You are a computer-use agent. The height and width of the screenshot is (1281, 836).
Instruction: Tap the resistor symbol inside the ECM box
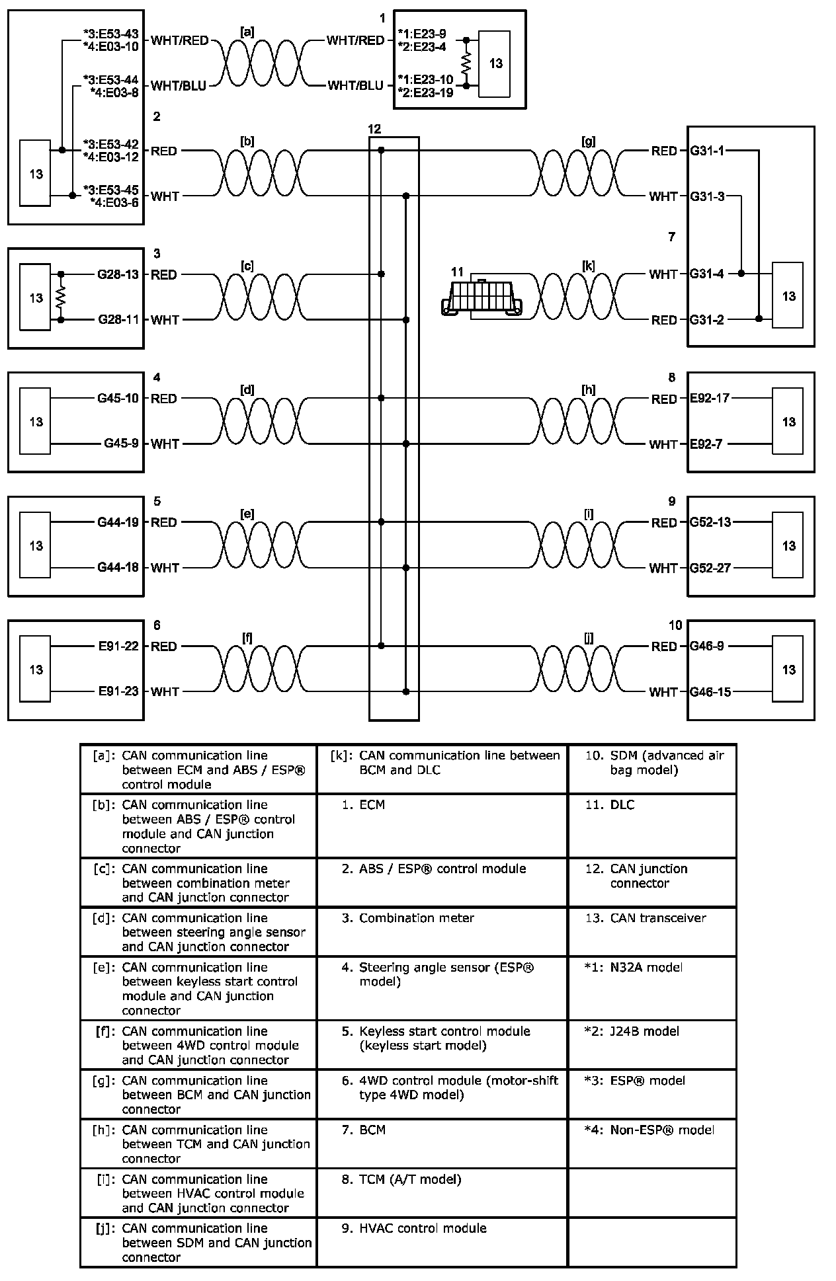pos(466,63)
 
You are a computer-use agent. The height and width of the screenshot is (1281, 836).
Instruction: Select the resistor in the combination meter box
pos(61,297)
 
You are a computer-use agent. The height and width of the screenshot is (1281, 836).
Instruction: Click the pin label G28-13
pos(118,274)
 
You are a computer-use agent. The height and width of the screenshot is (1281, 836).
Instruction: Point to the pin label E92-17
pos(710,399)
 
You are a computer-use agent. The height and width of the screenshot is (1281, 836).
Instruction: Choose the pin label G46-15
pos(710,692)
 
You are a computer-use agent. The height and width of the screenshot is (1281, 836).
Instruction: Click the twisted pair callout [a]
pos(247,30)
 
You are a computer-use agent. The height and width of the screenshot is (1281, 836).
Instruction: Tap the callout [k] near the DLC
pos(588,266)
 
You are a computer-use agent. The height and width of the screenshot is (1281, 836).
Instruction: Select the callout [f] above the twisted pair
pos(247,638)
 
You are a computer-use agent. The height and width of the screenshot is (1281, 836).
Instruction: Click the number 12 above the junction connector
pos(374,129)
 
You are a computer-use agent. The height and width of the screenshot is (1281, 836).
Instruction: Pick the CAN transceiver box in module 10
pos(788,669)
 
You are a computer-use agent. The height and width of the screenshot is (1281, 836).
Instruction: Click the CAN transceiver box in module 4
pos(36,421)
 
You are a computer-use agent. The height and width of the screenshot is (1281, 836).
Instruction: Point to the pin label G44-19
pos(118,522)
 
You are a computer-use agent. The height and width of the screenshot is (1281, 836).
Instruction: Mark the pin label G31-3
pos(707,196)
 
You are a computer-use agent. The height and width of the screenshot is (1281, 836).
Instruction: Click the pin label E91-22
pos(118,646)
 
